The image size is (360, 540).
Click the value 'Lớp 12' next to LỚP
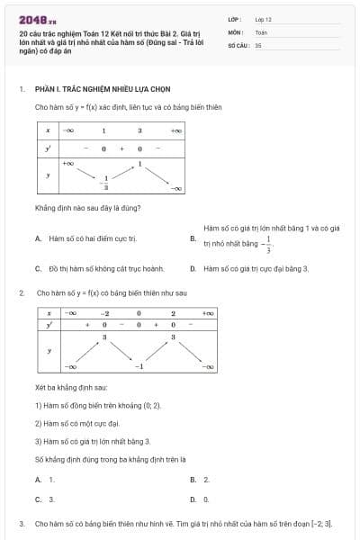pyautogui.click(x=263, y=18)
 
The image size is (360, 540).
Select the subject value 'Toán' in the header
pyautogui.click(x=261, y=31)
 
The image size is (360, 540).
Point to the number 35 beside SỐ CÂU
pyautogui.click(x=258, y=44)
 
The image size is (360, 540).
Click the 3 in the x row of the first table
pyautogui.click(x=139, y=130)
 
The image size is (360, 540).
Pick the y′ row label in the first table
pyautogui.click(x=48, y=148)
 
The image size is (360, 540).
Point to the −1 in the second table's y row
pyautogui.click(x=139, y=367)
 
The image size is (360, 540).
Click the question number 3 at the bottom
pyautogui.click(x=22, y=522)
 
